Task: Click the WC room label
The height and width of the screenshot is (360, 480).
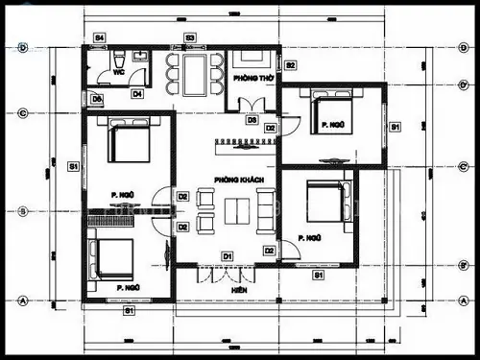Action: tap(120, 70)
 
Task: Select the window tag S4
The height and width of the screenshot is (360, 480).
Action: tap(99, 37)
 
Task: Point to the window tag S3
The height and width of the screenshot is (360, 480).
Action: tap(190, 37)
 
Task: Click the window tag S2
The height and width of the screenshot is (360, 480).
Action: tap(290, 64)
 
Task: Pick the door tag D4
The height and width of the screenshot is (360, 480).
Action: tap(137, 94)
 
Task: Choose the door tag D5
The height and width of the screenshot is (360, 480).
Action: tap(97, 98)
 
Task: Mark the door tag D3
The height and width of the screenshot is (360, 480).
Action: tap(252, 120)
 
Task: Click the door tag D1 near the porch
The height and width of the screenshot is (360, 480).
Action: tap(228, 255)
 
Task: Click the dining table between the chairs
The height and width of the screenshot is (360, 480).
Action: tap(195, 72)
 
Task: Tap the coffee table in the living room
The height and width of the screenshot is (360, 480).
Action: tap(233, 210)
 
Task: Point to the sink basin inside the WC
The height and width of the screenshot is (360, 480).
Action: tap(140, 56)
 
